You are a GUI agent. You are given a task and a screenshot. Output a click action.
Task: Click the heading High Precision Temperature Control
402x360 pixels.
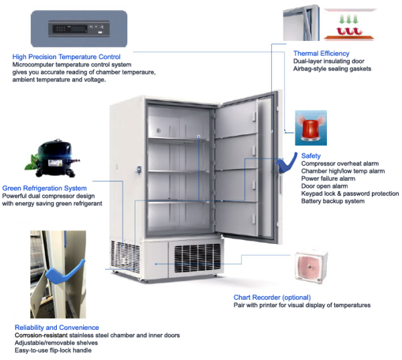point(66,57)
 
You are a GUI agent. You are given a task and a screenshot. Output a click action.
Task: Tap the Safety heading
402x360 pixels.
point(312,156)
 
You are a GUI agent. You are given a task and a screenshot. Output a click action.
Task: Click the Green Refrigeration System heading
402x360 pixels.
point(45,188)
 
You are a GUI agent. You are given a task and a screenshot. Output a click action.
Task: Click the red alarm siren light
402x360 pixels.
point(311,127)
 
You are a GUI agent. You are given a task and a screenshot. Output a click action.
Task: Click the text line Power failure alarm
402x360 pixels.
point(328,179)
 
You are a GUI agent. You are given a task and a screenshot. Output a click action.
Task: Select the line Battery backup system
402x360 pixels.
point(333,201)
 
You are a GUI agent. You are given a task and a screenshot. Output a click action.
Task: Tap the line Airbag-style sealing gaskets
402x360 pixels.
point(332,69)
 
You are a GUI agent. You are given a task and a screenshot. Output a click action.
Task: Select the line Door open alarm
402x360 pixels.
point(323,186)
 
